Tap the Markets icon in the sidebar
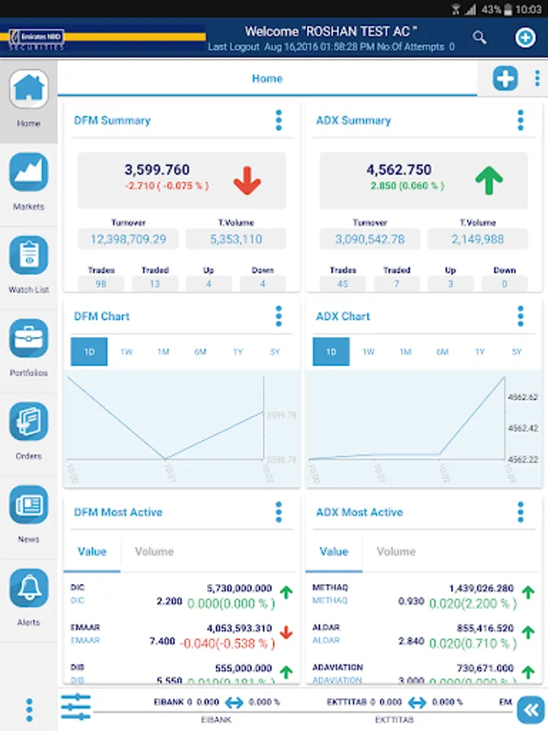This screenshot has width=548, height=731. tap(28, 172)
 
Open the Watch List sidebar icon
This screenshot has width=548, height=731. tap(28, 255)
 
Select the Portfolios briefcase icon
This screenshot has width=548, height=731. tap(28, 339)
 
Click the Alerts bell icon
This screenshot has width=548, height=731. tap(28, 588)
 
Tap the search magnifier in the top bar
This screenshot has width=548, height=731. tap(480, 37)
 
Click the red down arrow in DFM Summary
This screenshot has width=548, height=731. tap(247, 180)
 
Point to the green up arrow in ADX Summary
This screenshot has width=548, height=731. tap(489, 180)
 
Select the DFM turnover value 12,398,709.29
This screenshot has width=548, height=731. tap(128, 239)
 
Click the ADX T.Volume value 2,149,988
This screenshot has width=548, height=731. tap(477, 239)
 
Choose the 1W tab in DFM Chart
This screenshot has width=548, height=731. tap(127, 352)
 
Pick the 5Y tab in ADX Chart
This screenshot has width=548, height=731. tap(517, 352)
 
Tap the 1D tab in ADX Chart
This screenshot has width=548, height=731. tap(331, 352)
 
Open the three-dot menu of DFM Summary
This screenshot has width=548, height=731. tap(278, 120)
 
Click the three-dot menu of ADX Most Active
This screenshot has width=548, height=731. tap(520, 512)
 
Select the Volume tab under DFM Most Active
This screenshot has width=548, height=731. tap(154, 551)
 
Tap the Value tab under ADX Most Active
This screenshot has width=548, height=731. tap(334, 551)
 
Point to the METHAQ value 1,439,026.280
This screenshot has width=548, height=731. tap(481, 587)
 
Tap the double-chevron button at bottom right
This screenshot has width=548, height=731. tap(531, 710)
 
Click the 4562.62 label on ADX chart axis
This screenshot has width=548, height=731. tap(522, 397)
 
